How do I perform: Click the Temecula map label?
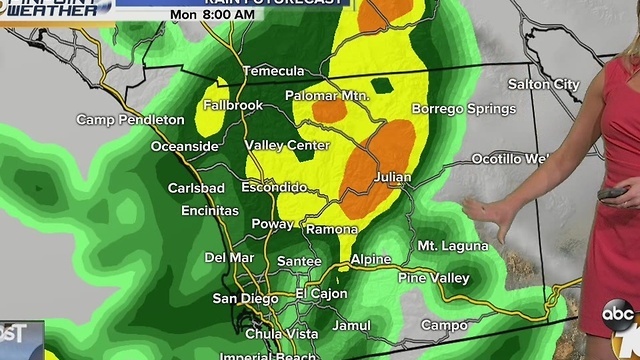[x=275, y=71]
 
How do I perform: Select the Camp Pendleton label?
[x=131, y=119]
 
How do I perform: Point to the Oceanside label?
[x=184, y=146]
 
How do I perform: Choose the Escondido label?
[x=274, y=187]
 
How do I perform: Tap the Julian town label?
[x=391, y=178]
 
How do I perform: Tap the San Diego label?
[x=243, y=298]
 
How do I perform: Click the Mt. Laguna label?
[x=453, y=245]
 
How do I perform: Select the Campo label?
[x=444, y=325]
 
